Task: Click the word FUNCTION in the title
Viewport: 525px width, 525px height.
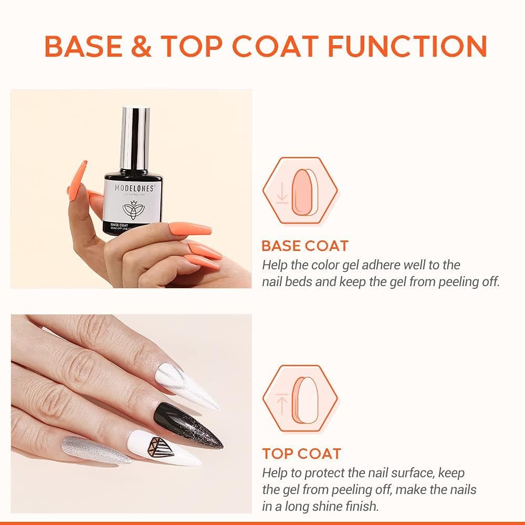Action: tap(407, 46)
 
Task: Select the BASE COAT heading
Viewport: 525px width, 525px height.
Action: tap(304, 246)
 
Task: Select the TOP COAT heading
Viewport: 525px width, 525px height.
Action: tap(301, 454)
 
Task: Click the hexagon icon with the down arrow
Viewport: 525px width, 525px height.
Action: tap(300, 192)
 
